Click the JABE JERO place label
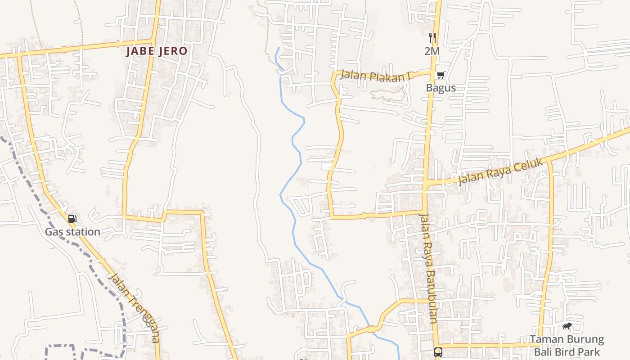coord(156,51)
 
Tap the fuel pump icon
coord(72,219)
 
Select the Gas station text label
coord(72,232)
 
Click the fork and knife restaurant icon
coord(432,38)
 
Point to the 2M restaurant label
coord(432,51)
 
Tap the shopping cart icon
coord(441,75)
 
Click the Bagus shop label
coord(441,88)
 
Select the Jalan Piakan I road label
coord(376,76)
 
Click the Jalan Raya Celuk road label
coord(501,172)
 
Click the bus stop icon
coord(438,352)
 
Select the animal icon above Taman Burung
coord(567,326)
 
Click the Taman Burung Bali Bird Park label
coord(567,345)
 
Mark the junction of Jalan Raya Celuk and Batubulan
coord(425,184)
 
